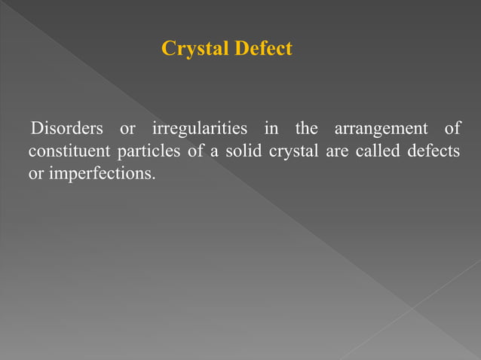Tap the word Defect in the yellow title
[x=262, y=50]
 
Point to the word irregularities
[x=199, y=128]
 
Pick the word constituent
[x=68, y=151]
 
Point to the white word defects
[x=433, y=151]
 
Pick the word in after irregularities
[x=270, y=128]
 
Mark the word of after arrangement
[x=452, y=128]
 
